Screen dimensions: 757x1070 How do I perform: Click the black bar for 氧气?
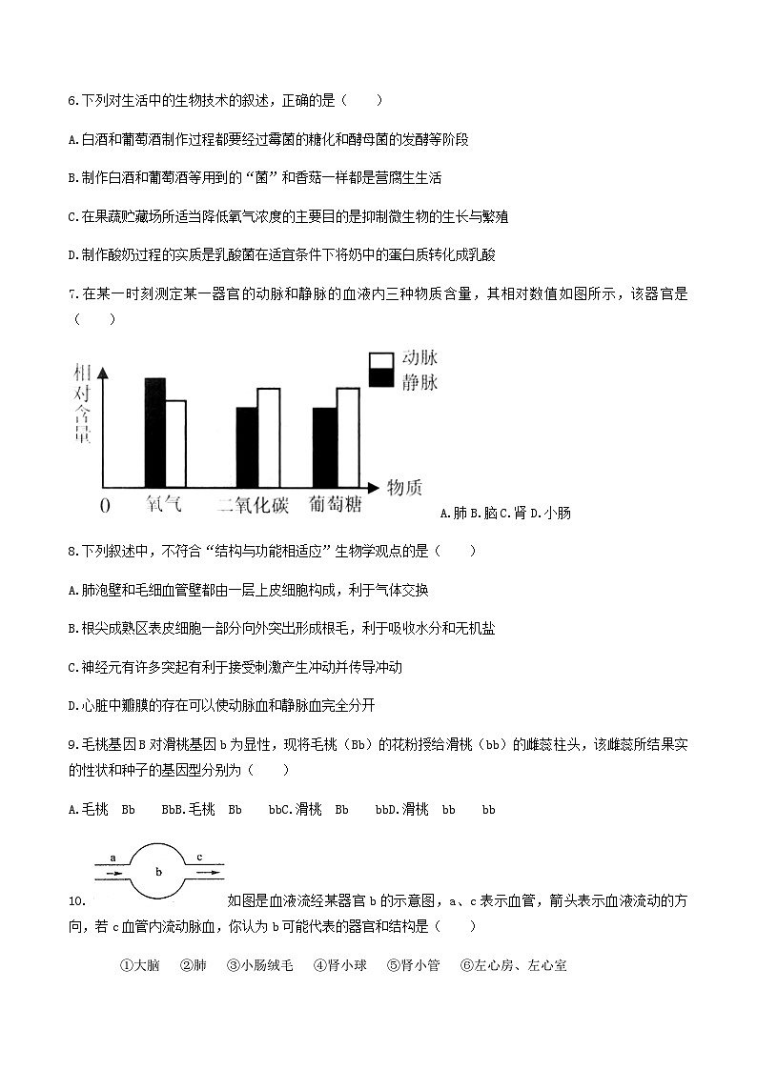[x=155, y=432]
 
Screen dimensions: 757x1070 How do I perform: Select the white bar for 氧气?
[x=175, y=443]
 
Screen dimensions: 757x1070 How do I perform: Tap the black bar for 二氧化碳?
[x=247, y=447]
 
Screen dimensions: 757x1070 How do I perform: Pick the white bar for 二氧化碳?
[x=268, y=437]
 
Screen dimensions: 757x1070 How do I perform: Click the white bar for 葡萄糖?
[x=347, y=437]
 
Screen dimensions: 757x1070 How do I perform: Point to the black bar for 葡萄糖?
[x=325, y=447]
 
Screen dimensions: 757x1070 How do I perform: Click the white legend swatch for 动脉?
[x=381, y=359]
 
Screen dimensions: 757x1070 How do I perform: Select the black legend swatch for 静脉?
[x=381, y=378]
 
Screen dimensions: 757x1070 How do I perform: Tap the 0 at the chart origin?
[x=105, y=505]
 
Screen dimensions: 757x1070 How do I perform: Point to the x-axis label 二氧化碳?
[x=253, y=505]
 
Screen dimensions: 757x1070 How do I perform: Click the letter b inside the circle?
[x=159, y=871]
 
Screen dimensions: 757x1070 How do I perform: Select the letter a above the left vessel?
[x=113, y=857]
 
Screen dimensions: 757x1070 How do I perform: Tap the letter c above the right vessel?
[x=199, y=857]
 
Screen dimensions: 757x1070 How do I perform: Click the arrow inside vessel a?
[x=113, y=871]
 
